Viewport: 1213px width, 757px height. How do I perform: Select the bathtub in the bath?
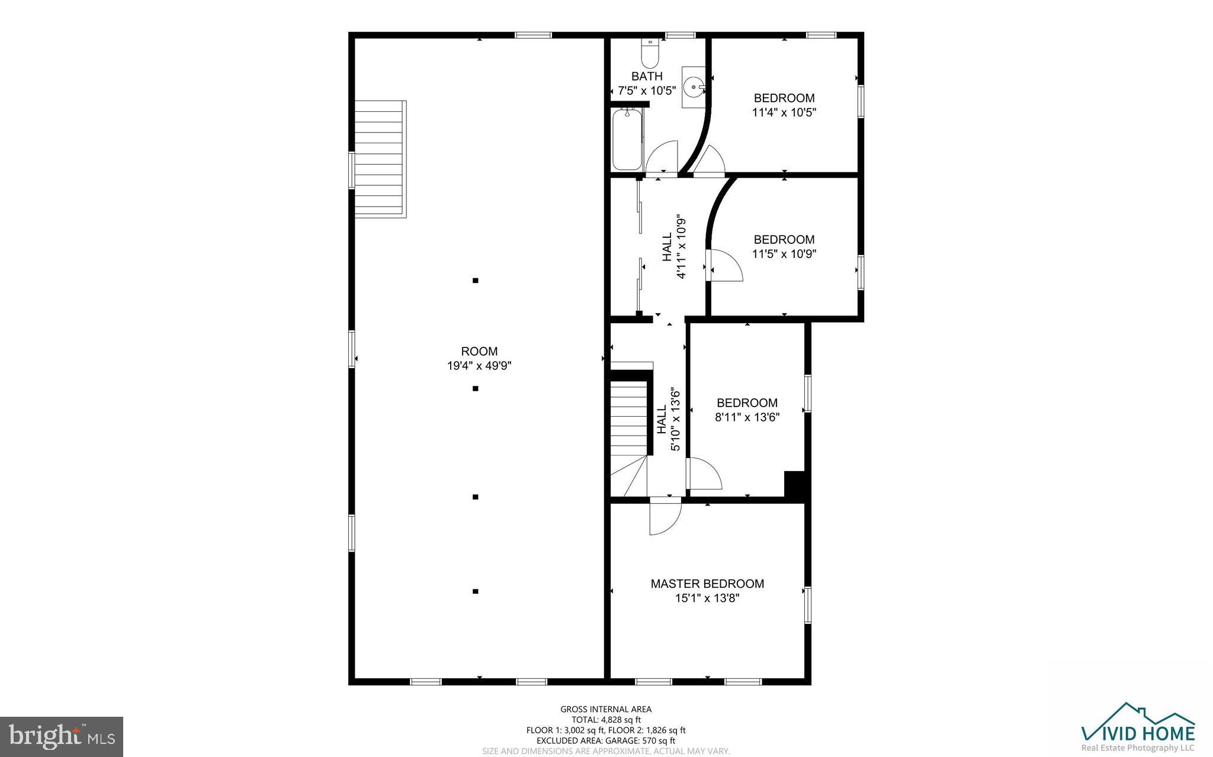(x=627, y=140)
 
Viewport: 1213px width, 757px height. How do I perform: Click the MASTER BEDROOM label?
(x=707, y=584)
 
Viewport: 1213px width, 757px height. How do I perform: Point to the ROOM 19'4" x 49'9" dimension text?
(x=479, y=366)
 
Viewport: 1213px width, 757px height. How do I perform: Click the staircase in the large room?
(x=380, y=159)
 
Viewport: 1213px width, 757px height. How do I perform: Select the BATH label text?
(x=647, y=76)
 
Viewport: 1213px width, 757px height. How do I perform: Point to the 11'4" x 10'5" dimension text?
(x=784, y=112)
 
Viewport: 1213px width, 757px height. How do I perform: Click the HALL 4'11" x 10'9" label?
(x=674, y=246)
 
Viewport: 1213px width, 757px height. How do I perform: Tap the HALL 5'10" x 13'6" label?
(x=668, y=419)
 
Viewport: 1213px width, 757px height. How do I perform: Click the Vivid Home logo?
(x=1138, y=729)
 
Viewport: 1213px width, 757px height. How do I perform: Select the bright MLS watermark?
(x=62, y=736)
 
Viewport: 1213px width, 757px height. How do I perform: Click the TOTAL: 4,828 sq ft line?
(x=606, y=720)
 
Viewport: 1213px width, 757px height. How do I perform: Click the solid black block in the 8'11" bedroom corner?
(x=794, y=484)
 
